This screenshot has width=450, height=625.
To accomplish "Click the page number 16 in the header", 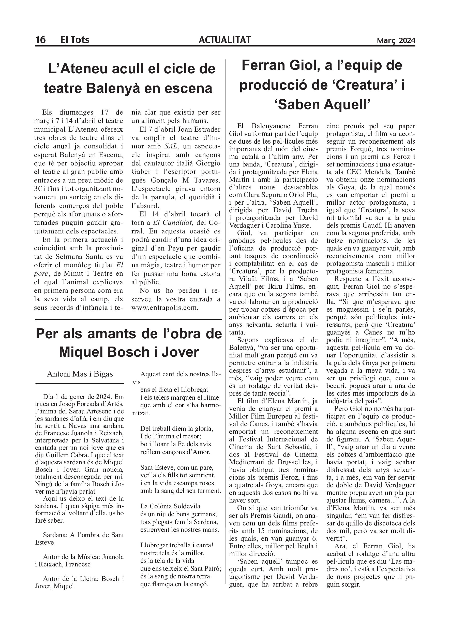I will point(40,40).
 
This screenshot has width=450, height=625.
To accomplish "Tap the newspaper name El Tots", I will point(74,40).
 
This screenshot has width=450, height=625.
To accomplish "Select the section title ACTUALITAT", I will point(224,40).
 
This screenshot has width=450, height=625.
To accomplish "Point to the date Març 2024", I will point(396,41).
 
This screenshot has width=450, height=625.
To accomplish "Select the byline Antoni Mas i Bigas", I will point(80,374).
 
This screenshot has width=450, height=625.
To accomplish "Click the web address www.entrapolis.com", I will point(164,308).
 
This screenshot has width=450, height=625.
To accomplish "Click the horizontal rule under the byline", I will point(80,383).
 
